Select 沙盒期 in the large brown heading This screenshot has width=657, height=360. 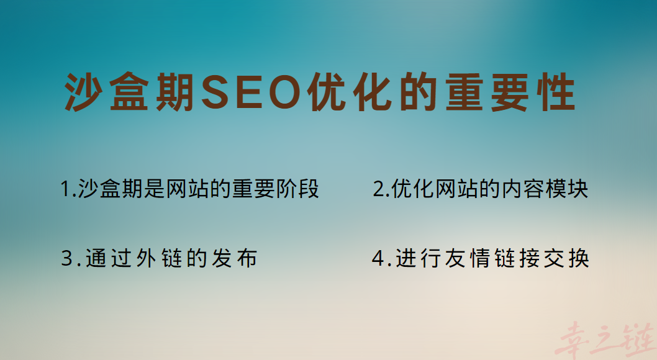(x=130, y=93)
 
